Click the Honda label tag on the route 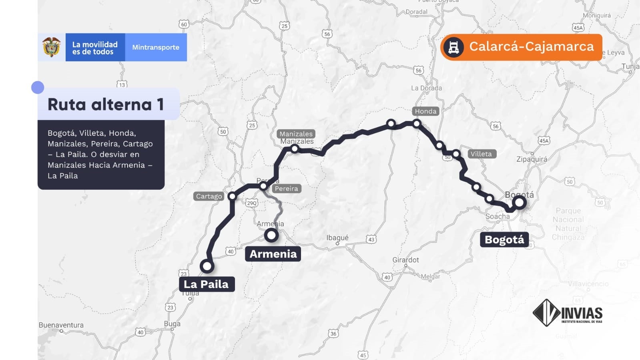point(425,111)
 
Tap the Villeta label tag point(482,154)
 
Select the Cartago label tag point(209,196)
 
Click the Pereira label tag point(287,189)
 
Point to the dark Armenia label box point(273,254)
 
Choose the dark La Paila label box point(206,284)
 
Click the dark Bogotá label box point(504,240)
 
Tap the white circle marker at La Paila point(207,266)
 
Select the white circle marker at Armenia point(271,235)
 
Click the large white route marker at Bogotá point(519,203)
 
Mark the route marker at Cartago point(232,196)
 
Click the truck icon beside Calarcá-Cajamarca point(453,47)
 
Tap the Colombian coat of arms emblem point(52,47)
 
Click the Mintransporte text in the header point(156,47)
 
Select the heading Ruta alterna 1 point(106,105)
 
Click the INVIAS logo point(568,313)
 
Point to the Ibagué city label point(337,237)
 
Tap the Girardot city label point(405,260)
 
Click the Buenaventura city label point(61,325)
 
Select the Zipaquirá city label point(532,159)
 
